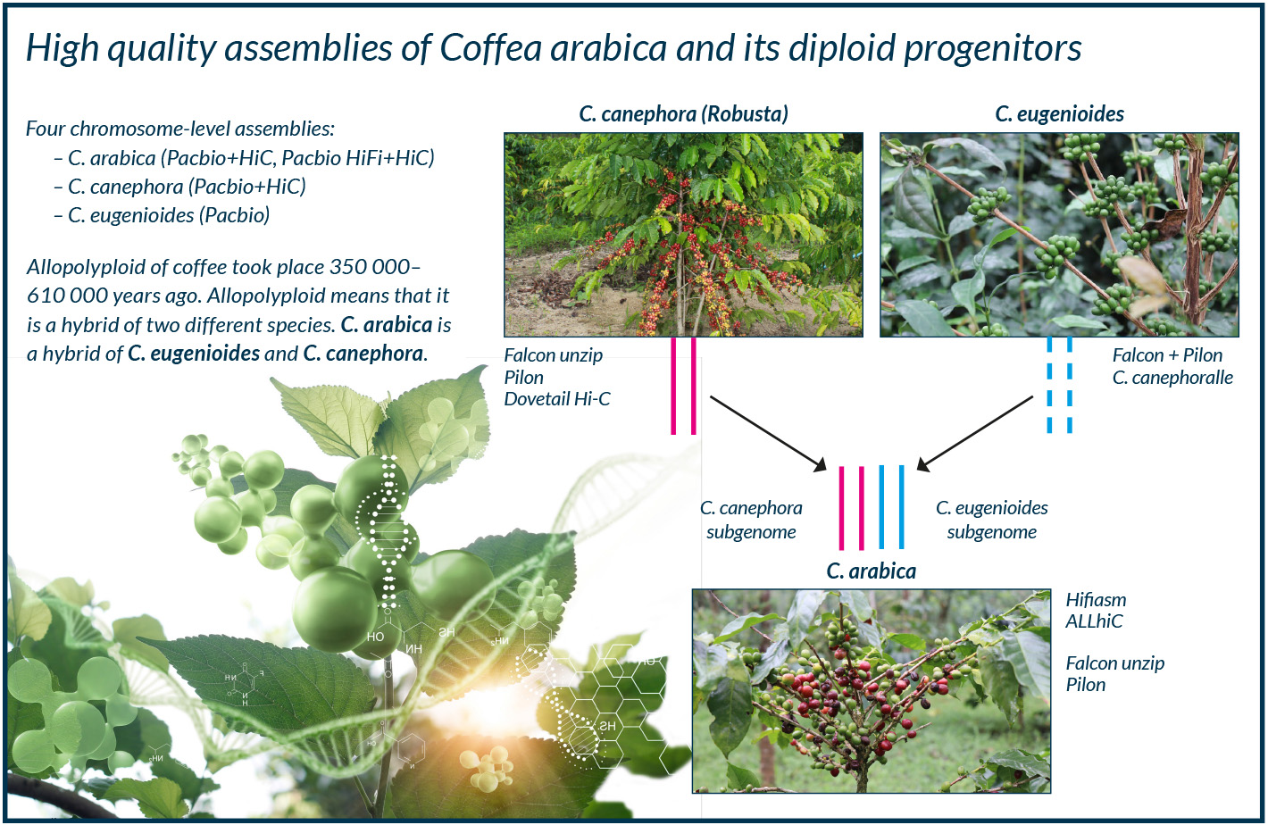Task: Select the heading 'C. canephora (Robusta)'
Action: point(683,114)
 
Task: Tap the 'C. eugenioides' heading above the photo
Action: point(1059,114)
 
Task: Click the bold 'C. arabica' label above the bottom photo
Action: point(872,571)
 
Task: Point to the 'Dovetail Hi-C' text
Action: point(557,399)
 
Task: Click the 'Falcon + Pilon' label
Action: point(1167,355)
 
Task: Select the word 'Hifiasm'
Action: point(1096,600)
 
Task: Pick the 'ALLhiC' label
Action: point(1094,621)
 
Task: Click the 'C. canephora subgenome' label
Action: point(751,520)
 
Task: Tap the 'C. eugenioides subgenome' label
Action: point(992,520)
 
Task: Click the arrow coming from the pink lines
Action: point(768,433)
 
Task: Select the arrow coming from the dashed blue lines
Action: point(975,433)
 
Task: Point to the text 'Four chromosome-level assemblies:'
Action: point(180,129)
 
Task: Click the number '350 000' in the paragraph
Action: point(371,267)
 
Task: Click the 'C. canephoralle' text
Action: point(1172,378)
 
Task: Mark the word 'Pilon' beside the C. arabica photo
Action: point(1086,685)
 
